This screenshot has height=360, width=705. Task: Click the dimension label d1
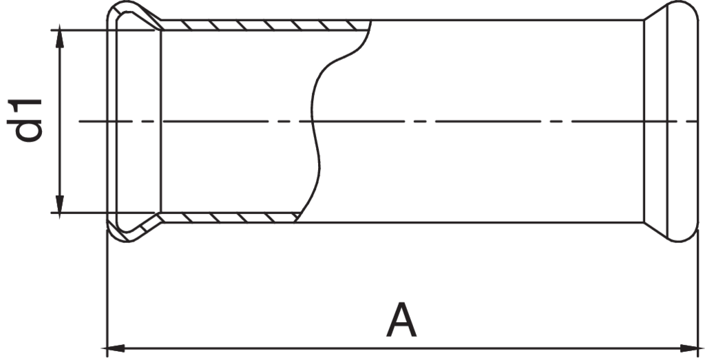pos(29,120)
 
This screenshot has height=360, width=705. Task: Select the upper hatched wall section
pos(262,25)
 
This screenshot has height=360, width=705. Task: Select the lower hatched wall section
pos(227,218)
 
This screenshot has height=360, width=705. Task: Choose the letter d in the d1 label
pos(29,131)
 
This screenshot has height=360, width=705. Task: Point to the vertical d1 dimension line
pos(61,121)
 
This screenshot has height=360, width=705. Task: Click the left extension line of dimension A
pos(107,289)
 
